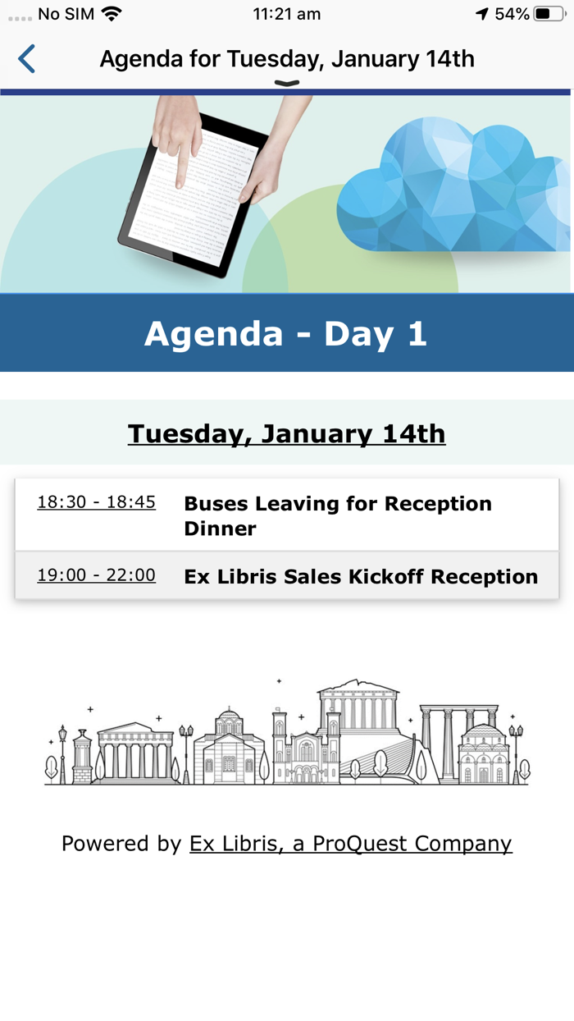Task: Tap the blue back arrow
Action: pyautogui.click(x=27, y=59)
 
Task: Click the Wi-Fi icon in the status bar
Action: pyautogui.click(x=112, y=14)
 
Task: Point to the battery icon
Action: pyautogui.click(x=549, y=14)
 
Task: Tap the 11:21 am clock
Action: pyautogui.click(x=286, y=14)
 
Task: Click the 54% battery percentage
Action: pyautogui.click(x=512, y=14)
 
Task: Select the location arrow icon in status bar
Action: pyautogui.click(x=482, y=14)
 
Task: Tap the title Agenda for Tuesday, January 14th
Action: pyautogui.click(x=287, y=59)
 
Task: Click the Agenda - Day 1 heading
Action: pyautogui.click(x=286, y=333)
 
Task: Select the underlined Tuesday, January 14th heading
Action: pyautogui.click(x=286, y=433)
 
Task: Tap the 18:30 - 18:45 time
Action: pyautogui.click(x=96, y=502)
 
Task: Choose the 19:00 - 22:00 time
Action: pyautogui.click(x=96, y=575)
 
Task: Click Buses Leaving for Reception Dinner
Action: pyautogui.click(x=338, y=515)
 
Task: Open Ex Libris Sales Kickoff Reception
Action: pyautogui.click(x=361, y=576)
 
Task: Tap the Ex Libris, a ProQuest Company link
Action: pyautogui.click(x=350, y=844)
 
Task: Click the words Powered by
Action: pyautogui.click(x=121, y=844)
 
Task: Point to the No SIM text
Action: pyautogui.click(x=66, y=14)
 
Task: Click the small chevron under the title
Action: pyautogui.click(x=287, y=83)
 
